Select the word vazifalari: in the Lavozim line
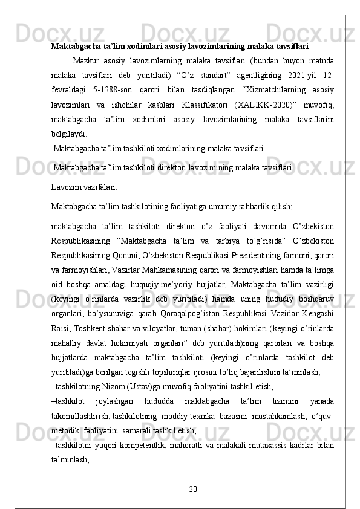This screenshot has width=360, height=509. (x=99, y=187)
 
